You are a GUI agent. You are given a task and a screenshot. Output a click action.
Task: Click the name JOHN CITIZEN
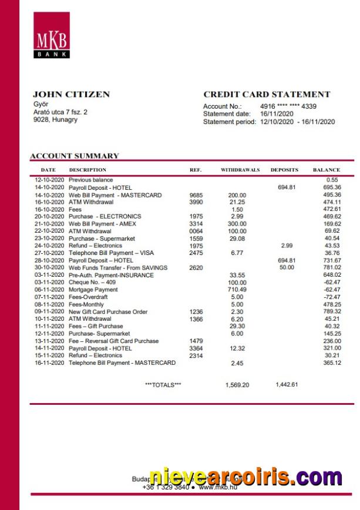coord(71,94)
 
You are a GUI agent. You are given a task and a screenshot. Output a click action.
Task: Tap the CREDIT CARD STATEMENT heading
coord(267,94)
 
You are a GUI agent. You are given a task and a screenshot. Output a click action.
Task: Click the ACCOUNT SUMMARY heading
coord(74,156)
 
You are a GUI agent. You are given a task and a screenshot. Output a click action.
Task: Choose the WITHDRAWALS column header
coord(240,170)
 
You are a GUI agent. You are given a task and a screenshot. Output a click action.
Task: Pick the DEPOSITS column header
coord(284,170)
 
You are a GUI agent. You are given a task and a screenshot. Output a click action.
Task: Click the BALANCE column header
coord(326,170)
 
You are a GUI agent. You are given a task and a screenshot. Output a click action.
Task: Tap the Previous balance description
coord(91,180)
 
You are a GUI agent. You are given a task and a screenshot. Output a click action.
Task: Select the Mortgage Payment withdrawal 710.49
coord(237,290)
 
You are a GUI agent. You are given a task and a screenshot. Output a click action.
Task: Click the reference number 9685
coord(196,194)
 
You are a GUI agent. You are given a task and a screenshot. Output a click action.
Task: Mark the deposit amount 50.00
coord(286,267)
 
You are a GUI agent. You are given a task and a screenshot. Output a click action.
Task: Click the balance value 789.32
coord(332,311)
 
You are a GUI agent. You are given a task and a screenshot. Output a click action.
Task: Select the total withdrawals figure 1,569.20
coord(237,385)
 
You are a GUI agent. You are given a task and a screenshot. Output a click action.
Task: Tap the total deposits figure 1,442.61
coord(287,384)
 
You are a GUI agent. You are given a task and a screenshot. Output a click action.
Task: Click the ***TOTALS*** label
coord(163,385)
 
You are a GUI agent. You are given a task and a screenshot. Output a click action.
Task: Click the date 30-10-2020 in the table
coord(49,267)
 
